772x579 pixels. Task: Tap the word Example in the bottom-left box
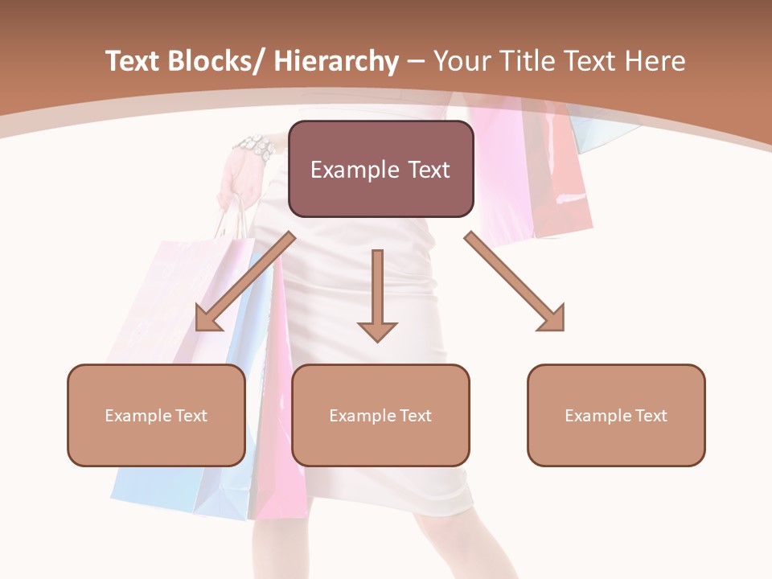[137, 416]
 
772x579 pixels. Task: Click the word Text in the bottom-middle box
[414, 416]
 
